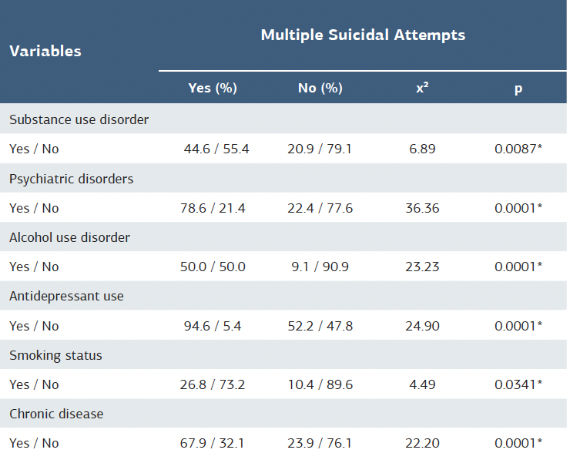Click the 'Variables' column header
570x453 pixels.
click(45, 52)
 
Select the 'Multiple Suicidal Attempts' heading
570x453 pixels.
click(363, 35)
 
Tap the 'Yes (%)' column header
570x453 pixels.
click(213, 89)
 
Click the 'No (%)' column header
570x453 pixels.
click(320, 89)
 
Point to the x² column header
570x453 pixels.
click(422, 89)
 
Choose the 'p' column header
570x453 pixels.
click(518, 89)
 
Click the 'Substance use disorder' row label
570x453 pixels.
click(79, 120)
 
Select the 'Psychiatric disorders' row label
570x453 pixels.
click(71, 179)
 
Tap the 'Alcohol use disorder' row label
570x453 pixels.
click(69, 237)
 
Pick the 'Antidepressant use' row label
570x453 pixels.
click(66, 297)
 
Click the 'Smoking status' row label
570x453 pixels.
click(55, 356)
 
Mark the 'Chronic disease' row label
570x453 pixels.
click(56, 414)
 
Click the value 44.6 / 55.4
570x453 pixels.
click(216, 149)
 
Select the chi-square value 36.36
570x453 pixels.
click(422, 208)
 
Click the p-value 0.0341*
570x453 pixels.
click(518, 384)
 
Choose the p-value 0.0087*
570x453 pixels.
click(518, 149)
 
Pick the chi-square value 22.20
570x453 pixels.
click(422, 443)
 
